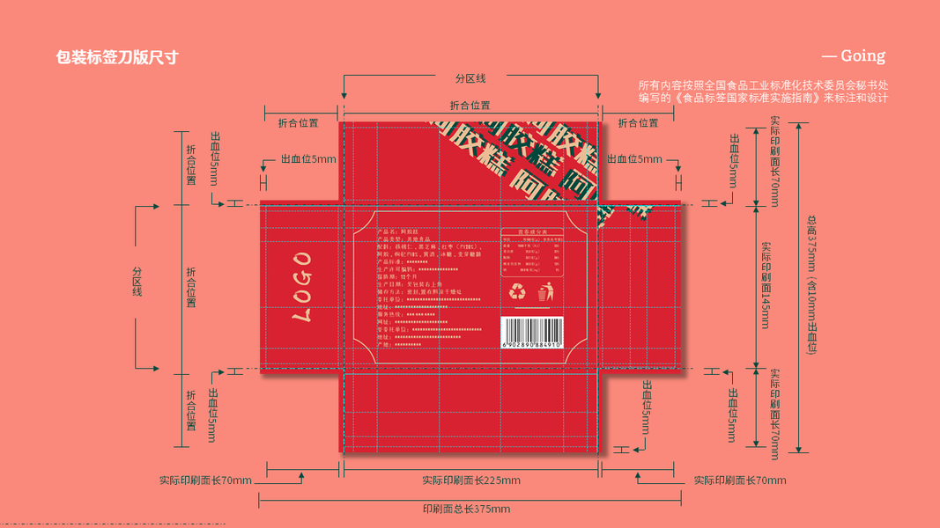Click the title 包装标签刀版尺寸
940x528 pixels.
[116, 57]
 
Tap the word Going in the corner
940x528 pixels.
[862, 56]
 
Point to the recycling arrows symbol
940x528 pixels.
[517, 291]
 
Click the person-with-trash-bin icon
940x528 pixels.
[546, 291]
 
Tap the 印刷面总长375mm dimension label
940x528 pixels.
[466, 509]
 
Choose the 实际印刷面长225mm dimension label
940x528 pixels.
[470, 480]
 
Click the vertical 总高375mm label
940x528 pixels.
[811, 285]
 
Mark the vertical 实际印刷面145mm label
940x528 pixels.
[766, 285]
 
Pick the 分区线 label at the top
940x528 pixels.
[470, 78]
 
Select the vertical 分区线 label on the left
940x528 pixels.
[137, 281]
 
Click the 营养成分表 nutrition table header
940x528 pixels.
[531, 232]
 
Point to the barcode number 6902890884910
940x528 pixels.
[531, 346]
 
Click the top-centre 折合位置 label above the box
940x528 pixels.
[470, 106]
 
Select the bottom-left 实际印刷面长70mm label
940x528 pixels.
[205, 480]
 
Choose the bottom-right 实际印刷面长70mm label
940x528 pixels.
[740, 480]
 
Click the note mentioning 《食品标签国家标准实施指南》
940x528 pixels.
[763, 98]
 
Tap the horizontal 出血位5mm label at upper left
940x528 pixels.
[308, 159]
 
